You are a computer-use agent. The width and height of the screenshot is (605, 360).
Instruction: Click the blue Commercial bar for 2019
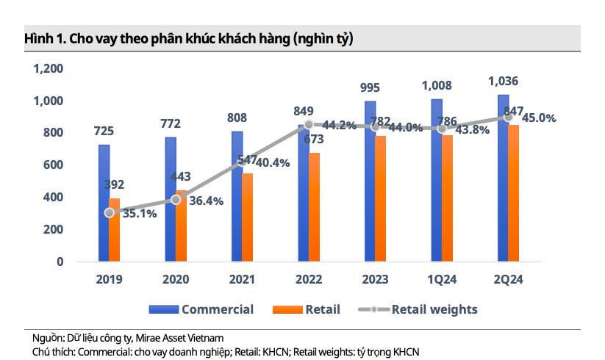[x=104, y=203]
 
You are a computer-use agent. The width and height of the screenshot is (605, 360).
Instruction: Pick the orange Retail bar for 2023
[x=381, y=198]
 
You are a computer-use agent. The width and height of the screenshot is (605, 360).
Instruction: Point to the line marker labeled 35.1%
[x=110, y=212]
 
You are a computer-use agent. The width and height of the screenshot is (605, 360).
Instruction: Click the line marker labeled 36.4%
[x=176, y=200]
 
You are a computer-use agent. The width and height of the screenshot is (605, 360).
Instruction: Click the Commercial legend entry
[x=201, y=309]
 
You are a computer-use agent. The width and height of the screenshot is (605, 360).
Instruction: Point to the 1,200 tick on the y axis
[x=49, y=68]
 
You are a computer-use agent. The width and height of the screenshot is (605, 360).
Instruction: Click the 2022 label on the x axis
[x=309, y=280]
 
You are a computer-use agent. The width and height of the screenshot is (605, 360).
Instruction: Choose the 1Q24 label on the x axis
[x=441, y=280]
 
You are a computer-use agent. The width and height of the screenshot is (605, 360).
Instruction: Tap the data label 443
[x=181, y=177]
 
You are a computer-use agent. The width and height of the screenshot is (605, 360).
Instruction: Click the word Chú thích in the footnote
[x=53, y=352]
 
